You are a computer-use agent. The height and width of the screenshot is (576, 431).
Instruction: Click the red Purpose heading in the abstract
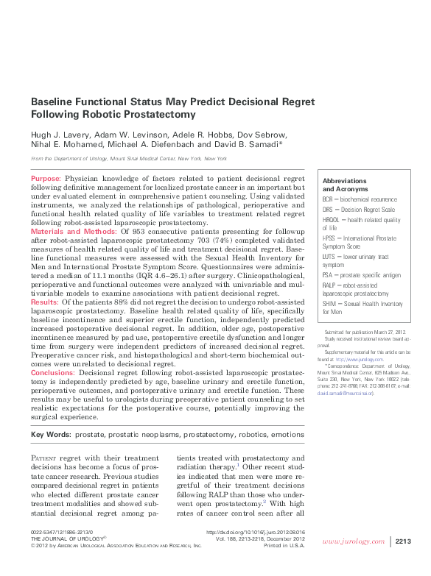click(46, 179)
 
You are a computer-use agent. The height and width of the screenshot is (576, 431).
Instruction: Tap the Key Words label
click(50, 435)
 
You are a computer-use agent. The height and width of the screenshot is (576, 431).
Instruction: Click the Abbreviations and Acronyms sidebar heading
click(345, 185)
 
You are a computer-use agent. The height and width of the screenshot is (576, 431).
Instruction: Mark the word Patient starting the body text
click(49, 458)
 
